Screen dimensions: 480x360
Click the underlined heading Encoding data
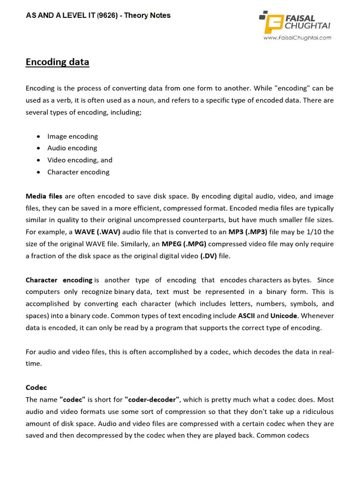[57, 62]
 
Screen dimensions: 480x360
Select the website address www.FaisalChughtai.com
[297, 38]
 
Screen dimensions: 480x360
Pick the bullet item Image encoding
[72, 136]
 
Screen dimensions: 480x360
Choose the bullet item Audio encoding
[72, 148]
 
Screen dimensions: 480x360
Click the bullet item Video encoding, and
[80, 160]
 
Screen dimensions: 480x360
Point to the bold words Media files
[44, 196]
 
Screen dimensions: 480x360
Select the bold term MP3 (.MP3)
[247, 232]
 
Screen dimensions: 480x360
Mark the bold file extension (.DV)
[208, 256]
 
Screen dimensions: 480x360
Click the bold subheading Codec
[36, 388]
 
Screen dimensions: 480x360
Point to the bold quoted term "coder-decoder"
[153, 400]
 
